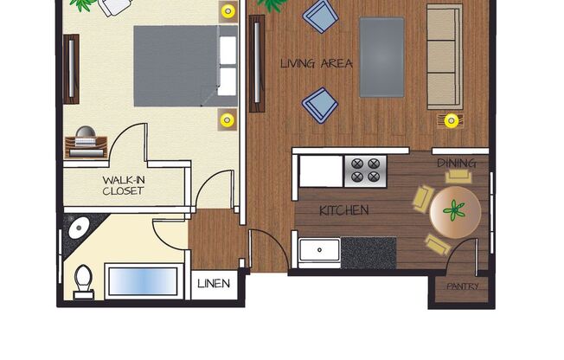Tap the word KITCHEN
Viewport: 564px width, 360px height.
tap(343, 210)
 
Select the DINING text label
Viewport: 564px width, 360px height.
tap(456, 163)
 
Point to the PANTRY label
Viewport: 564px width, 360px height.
tap(463, 286)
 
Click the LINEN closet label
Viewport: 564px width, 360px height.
tap(214, 284)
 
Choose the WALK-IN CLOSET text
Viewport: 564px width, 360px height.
tap(123, 185)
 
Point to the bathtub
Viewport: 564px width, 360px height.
tap(142, 280)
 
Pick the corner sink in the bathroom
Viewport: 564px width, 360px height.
tap(78, 228)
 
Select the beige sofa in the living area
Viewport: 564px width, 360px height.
tap(445, 56)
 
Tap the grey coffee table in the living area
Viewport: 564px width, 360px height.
tap(381, 57)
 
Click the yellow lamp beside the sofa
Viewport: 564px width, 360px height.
tap(451, 120)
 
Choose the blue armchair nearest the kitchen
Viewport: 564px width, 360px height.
tap(318, 106)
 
